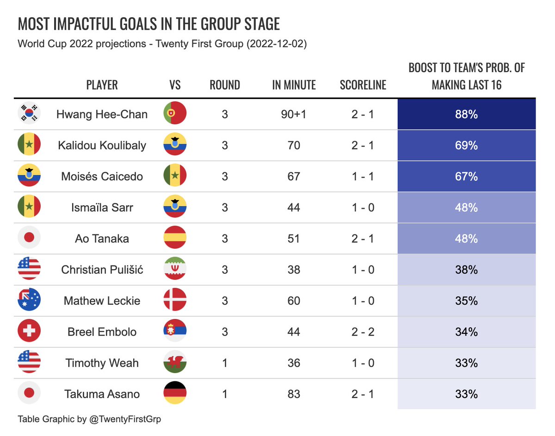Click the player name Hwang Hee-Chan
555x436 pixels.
click(x=102, y=114)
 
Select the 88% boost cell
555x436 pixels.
click(x=466, y=114)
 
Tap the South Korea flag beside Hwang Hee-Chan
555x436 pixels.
click(x=29, y=114)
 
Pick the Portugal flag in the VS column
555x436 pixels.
click(x=175, y=114)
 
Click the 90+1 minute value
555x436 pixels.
click(x=294, y=114)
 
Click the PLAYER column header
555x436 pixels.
click(x=102, y=85)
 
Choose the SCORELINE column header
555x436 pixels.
click(x=363, y=85)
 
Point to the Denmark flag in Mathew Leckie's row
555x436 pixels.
click(x=175, y=301)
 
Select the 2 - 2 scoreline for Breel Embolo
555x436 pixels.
click(x=363, y=332)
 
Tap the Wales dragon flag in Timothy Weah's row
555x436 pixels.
click(x=175, y=362)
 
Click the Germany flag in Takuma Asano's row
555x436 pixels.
click(x=175, y=393)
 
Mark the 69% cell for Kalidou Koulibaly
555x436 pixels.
click(x=466, y=145)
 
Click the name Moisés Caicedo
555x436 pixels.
click(x=102, y=177)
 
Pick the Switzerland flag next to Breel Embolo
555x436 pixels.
click(x=29, y=332)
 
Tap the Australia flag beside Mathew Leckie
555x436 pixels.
click(x=29, y=301)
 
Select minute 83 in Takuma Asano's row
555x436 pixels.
click(x=294, y=394)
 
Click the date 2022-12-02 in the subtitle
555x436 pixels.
click(x=276, y=44)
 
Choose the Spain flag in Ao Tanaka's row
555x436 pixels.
click(x=175, y=238)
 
